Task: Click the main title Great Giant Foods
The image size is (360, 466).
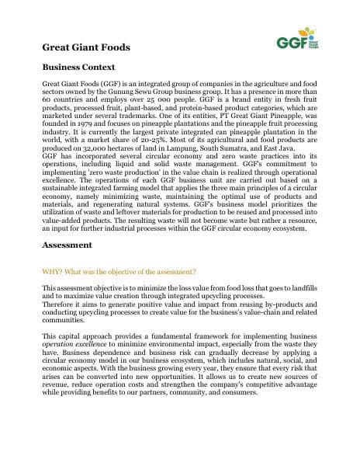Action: (86, 47)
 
